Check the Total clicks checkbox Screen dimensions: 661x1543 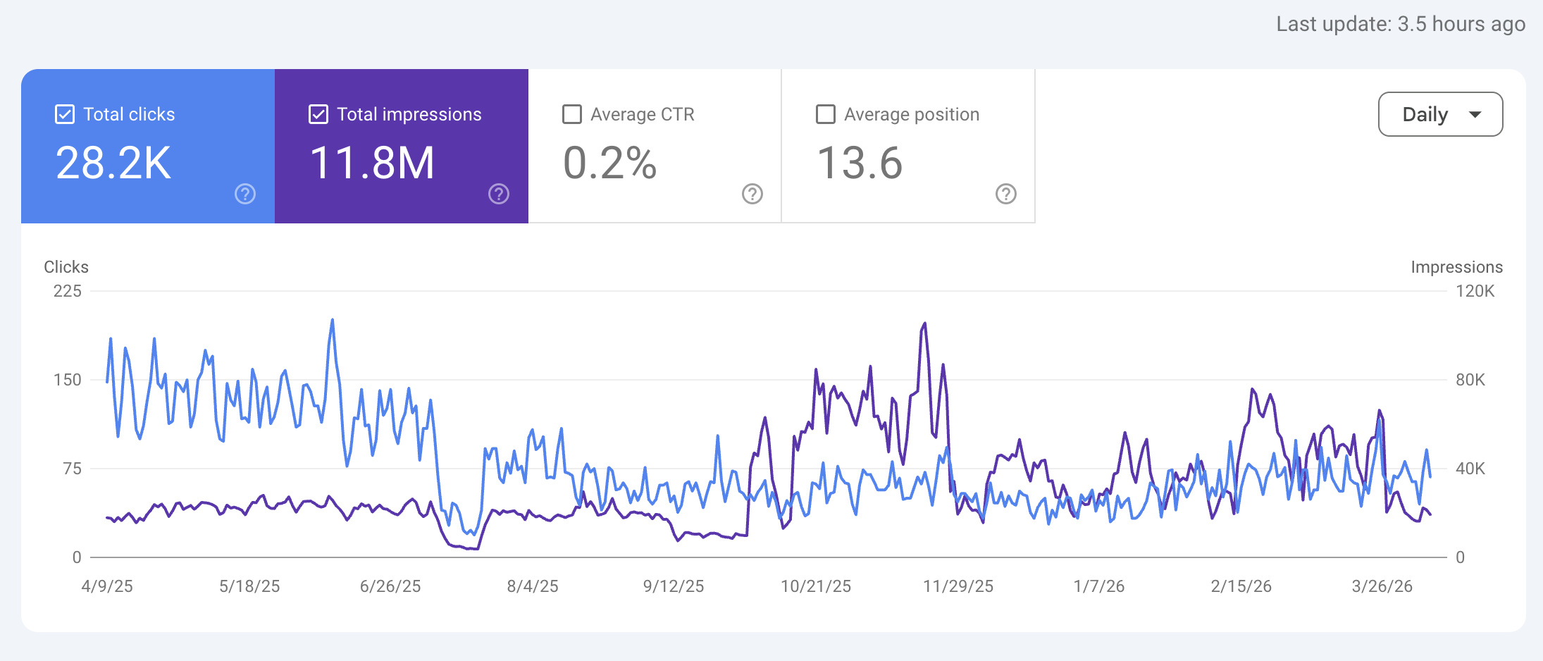65,114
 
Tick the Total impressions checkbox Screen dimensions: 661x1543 318,114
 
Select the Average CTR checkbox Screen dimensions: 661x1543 572,114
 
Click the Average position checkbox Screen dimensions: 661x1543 826,114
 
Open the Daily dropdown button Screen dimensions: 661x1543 1439,114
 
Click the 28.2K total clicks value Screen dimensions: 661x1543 113,163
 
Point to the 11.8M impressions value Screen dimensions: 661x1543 372,163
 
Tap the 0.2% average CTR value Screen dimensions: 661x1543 609,163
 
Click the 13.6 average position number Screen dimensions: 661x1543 860,163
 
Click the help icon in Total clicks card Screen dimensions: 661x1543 245,194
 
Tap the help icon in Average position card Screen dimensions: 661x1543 1005,194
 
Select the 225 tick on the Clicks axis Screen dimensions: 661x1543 68,291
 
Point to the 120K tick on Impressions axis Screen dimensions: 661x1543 1475,291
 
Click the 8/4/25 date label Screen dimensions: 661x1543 533,586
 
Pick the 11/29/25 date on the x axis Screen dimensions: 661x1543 958,586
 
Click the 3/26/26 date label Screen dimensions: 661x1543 1382,586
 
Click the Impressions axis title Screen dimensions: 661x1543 1456,267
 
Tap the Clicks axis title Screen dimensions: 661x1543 66,267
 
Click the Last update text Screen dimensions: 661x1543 1400,24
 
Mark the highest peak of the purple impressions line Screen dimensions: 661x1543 924,323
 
